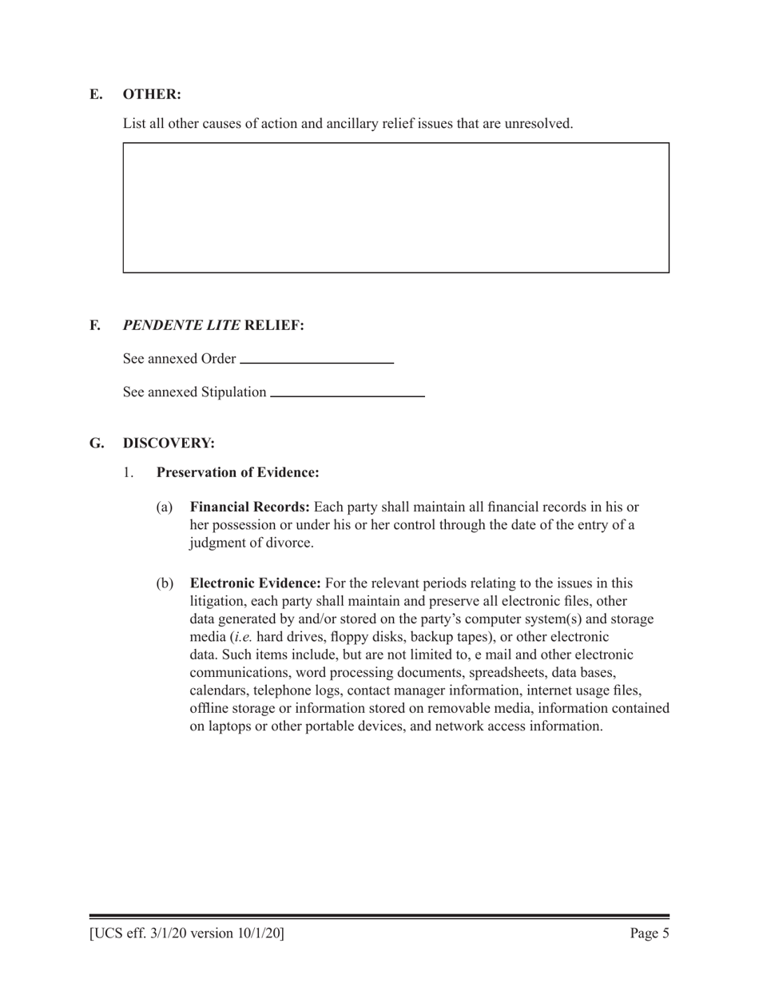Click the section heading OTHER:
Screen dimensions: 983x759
click(152, 94)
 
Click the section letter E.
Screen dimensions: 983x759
click(96, 94)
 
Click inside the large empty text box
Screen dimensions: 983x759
click(395, 208)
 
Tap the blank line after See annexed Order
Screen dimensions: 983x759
click(316, 362)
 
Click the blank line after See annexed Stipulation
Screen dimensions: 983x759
click(348, 395)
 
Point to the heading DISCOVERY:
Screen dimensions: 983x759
click(169, 443)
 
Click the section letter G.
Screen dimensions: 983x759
click(97, 443)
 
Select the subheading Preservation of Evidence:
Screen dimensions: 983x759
click(238, 472)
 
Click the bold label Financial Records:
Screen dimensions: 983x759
click(250, 507)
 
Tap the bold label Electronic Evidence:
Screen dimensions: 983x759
click(256, 583)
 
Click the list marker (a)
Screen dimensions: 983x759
click(164, 507)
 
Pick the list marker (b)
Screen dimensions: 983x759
click(164, 583)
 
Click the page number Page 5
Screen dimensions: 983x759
click(649, 933)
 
